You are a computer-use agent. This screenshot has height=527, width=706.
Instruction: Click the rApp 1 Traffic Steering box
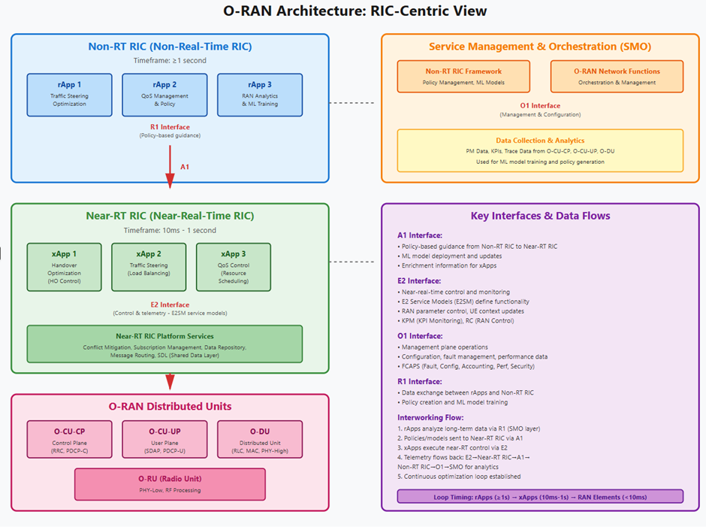click(x=69, y=95)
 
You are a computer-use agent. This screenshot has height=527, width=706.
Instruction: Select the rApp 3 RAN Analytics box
click(x=260, y=95)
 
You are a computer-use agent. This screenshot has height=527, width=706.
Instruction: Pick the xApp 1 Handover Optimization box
click(x=64, y=266)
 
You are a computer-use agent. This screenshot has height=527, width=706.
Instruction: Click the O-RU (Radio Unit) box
click(x=170, y=483)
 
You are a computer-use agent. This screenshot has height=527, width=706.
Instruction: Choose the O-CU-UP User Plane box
click(x=164, y=440)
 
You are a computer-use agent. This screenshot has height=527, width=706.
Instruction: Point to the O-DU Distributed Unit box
click(x=260, y=440)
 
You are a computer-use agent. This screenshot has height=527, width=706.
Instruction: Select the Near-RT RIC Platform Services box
click(x=164, y=344)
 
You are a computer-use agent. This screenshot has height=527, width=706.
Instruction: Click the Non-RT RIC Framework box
click(x=463, y=76)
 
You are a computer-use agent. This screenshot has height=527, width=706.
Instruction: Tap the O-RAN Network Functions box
click(x=617, y=76)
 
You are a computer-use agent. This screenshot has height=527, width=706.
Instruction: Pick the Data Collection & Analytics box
click(x=540, y=150)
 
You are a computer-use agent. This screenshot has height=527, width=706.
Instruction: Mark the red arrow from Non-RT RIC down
click(x=170, y=170)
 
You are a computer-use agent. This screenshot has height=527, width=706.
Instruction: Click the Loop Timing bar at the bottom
click(x=540, y=496)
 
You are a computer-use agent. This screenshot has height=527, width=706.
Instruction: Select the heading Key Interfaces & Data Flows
click(x=540, y=216)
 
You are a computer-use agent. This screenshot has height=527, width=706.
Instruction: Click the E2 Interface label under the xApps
click(x=170, y=305)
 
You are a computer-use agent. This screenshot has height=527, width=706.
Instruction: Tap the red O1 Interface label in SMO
click(x=540, y=105)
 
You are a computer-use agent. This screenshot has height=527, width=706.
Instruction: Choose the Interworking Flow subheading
click(x=430, y=418)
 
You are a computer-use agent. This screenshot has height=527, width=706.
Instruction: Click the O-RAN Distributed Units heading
click(x=170, y=407)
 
